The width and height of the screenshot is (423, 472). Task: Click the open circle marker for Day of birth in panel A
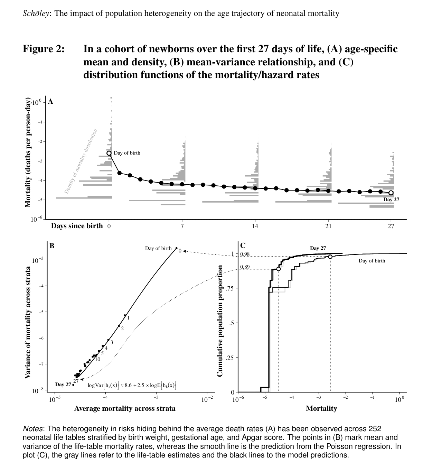click(x=109, y=153)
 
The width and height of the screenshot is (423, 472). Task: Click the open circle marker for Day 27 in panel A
click(x=391, y=193)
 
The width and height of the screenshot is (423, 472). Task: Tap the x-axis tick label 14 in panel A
click(x=255, y=226)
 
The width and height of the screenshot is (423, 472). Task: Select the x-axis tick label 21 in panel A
click(x=328, y=226)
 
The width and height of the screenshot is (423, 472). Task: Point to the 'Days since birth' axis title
click(x=77, y=226)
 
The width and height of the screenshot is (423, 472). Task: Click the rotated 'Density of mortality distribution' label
click(x=81, y=161)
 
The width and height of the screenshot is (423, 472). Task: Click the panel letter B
click(x=52, y=246)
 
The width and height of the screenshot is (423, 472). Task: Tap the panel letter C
click(x=243, y=246)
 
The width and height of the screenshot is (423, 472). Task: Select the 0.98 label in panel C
click(x=245, y=254)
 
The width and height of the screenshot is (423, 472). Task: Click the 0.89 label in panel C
click(x=245, y=267)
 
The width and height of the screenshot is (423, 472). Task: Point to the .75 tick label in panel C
click(x=230, y=288)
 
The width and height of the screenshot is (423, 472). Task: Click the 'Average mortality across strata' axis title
click(x=125, y=408)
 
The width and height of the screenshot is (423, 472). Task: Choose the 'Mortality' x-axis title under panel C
click(x=321, y=408)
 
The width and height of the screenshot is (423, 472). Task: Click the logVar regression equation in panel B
click(x=132, y=385)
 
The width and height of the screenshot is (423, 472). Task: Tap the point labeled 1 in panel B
click(x=125, y=315)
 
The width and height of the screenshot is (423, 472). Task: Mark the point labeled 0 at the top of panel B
click(x=176, y=248)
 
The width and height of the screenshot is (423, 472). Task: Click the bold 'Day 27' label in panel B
click(x=63, y=385)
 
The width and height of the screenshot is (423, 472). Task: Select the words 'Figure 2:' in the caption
click(x=44, y=49)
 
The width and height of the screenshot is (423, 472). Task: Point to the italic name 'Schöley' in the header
click(x=36, y=13)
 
